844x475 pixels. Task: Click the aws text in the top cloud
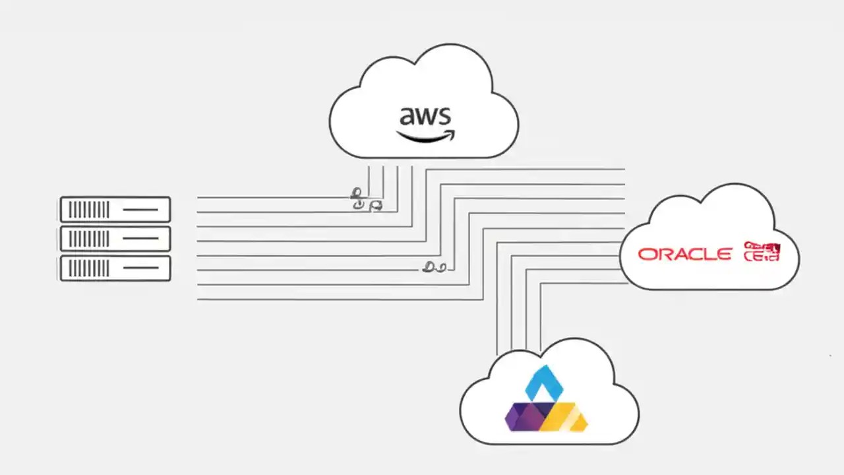425,117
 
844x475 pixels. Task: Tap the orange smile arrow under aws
425,137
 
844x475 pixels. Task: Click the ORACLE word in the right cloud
684,254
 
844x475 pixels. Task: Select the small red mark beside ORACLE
762,251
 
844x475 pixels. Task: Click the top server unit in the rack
115,210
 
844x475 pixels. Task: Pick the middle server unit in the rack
115,239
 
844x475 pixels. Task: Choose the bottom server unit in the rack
115,268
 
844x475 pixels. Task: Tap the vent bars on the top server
88,210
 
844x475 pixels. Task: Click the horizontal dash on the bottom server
140,268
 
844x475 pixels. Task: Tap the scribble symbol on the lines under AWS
365,200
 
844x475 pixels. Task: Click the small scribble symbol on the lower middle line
434,267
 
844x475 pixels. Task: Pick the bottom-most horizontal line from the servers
330,300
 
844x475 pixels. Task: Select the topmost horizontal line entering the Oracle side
560,170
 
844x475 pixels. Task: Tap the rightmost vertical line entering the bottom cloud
541,323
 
